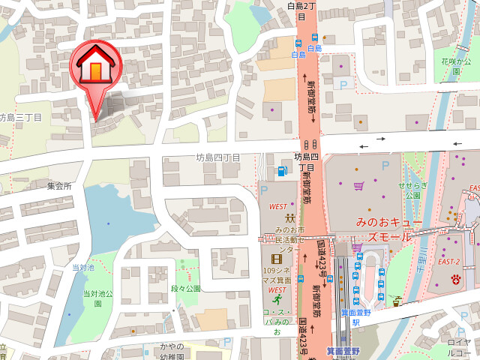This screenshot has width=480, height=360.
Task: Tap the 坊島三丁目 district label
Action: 20,117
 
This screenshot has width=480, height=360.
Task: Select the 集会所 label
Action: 58,186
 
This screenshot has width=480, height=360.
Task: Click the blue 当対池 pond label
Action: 82,267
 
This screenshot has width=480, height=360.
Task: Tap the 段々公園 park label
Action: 187,289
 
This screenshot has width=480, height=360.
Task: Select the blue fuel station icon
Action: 282,171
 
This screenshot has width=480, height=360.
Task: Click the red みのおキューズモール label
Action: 383,229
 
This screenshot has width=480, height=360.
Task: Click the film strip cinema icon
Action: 275,258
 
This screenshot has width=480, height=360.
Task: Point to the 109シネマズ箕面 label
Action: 277,275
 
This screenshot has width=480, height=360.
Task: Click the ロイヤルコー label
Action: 459,346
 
